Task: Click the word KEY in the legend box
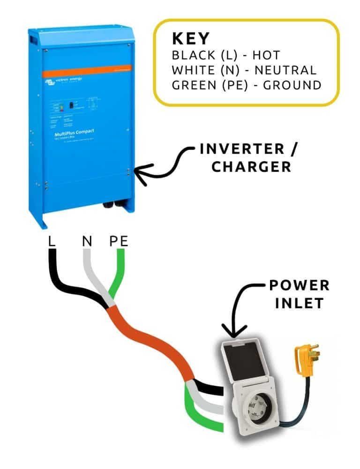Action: pyautogui.click(x=192, y=38)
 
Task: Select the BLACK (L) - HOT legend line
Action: pyautogui.click(x=226, y=55)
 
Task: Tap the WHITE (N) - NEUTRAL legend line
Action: pyautogui.click(x=244, y=70)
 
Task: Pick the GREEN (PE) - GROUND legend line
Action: pyautogui.click(x=246, y=85)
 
